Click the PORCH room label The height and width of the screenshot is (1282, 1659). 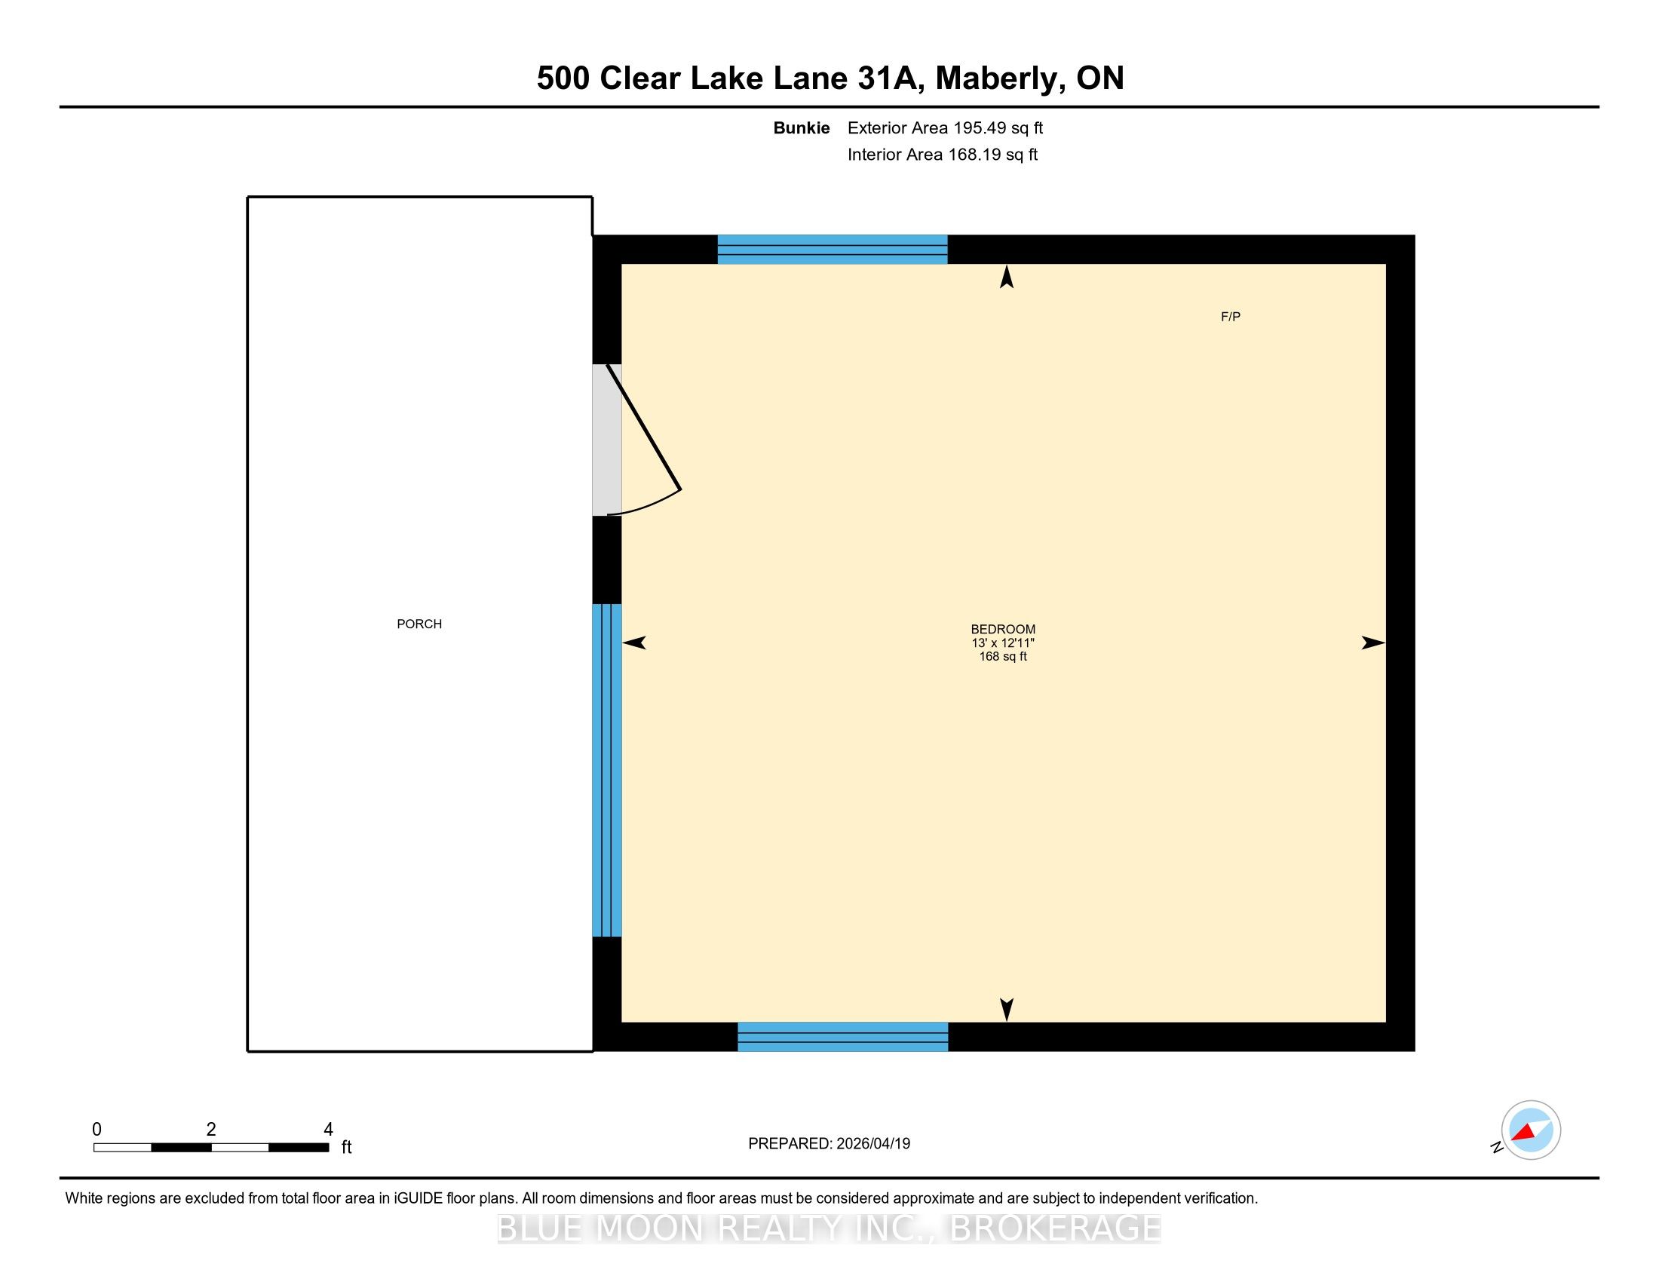(419, 624)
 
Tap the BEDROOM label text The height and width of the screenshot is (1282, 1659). (1003, 629)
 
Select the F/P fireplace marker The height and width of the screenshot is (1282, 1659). (1231, 317)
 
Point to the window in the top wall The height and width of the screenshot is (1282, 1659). (833, 249)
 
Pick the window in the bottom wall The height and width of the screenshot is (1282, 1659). (843, 1037)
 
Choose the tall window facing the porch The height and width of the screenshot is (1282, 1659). (607, 770)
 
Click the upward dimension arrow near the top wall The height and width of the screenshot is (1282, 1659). (1007, 277)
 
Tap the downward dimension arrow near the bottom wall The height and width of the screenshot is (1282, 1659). (1007, 1009)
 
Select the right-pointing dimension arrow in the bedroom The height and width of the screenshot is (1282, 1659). (1372, 643)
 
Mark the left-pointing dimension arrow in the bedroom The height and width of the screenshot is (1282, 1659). (634, 643)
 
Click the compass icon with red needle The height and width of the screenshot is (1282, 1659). (1531, 1130)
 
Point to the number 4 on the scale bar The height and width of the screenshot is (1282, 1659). (328, 1130)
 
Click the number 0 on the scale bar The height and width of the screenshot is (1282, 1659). (97, 1130)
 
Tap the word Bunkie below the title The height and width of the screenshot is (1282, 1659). (802, 127)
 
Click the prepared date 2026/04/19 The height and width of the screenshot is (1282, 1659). (872, 1144)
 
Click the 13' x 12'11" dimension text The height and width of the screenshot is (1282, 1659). (1003, 643)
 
